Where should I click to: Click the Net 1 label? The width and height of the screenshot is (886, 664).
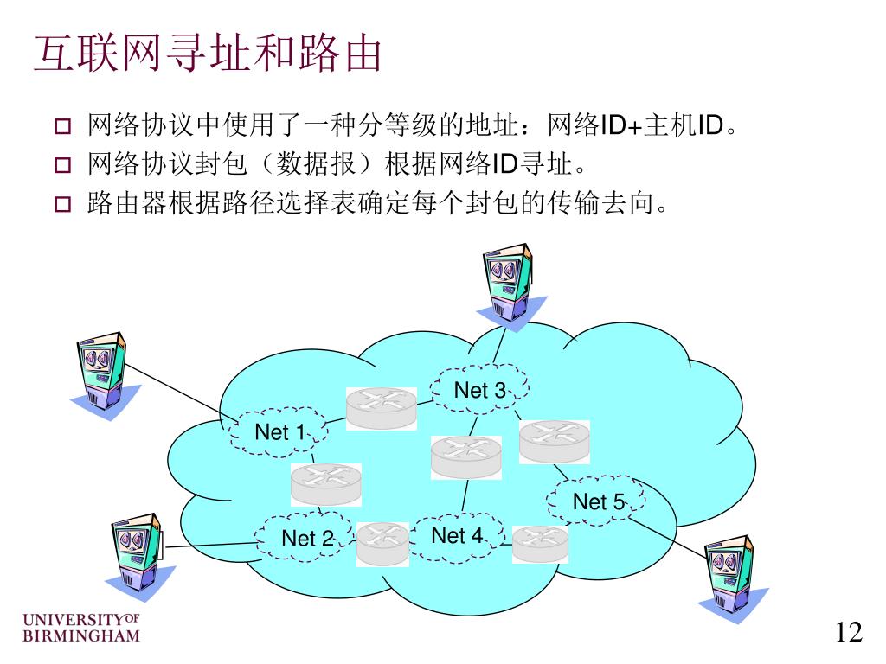[x=279, y=431]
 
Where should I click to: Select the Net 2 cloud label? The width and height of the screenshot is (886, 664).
[x=306, y=538]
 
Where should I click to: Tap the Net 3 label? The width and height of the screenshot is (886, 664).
[x=479, y=390]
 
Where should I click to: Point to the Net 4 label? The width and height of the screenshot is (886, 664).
[x=457, y=535]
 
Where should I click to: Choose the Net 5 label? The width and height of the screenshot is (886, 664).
[x=598, y=501]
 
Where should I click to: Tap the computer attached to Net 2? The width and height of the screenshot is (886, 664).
[x=136, y=553]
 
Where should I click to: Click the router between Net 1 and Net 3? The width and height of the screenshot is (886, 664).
[x=382, y=407]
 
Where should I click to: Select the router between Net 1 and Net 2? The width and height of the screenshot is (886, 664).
[x=326, y=484]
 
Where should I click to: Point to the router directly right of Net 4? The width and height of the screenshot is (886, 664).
[x=540, y=544]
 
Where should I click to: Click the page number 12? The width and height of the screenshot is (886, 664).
[x=849, y=633]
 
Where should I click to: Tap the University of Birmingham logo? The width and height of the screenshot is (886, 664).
[x=80, y=629]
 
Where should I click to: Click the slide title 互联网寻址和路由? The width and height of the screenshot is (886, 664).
[x=209, y=54]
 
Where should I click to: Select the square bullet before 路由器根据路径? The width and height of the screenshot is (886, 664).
[x=64, y=206]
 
